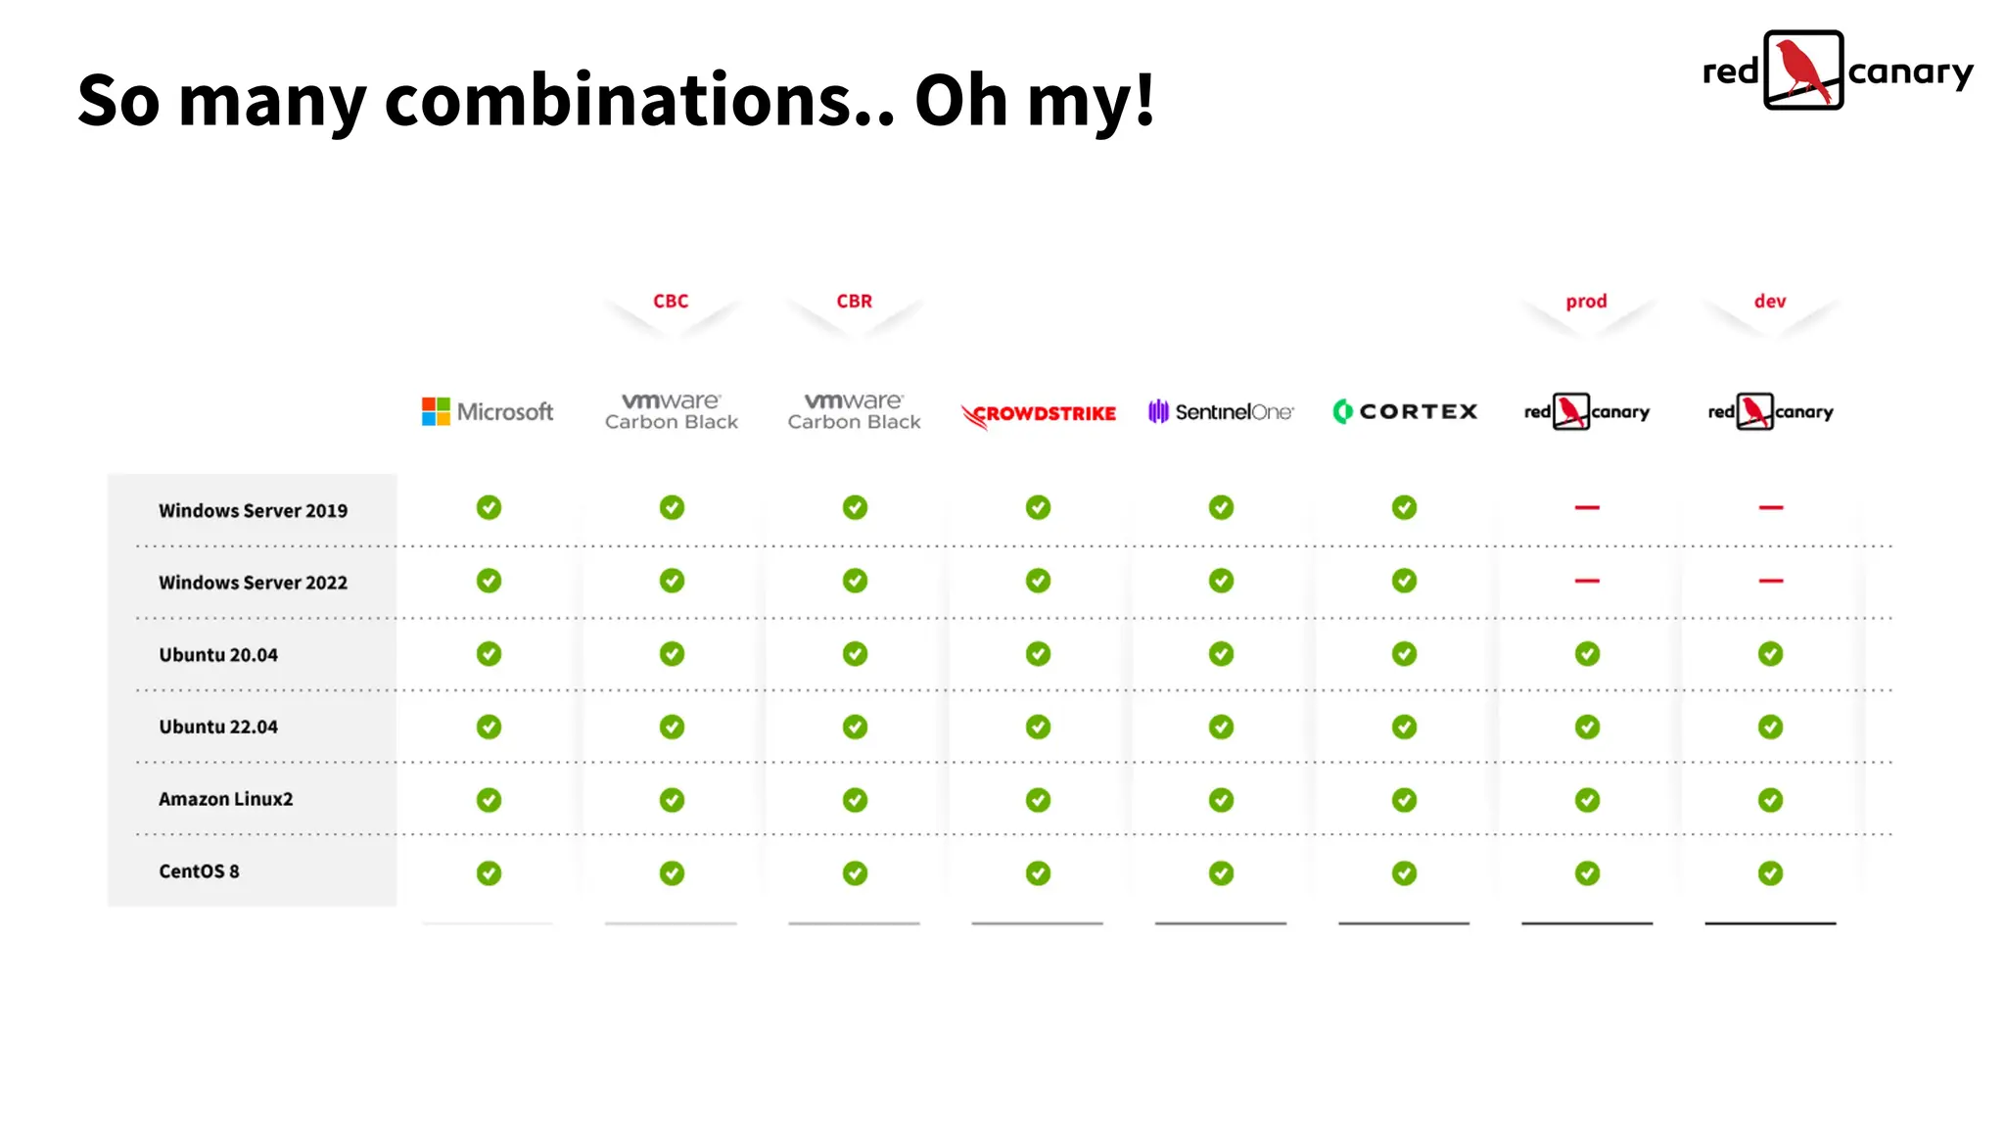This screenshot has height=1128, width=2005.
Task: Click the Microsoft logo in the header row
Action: (488, 411)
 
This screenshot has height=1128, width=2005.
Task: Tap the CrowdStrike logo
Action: (1039, 414)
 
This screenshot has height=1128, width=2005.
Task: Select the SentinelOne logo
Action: (1221, 411)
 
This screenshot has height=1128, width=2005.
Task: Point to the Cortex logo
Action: (1405, 411)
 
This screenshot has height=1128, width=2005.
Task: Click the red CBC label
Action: (671, 302)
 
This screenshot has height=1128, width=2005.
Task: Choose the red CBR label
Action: (854, 302)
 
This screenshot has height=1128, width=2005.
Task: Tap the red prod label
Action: (1586, 302)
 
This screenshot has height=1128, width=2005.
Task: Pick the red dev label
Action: (1770, 302)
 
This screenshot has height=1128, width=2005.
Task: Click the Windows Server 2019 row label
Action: (253, 510)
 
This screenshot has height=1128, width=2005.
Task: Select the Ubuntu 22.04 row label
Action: (218, 727)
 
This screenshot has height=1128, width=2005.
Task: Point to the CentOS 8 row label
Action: (199, 871)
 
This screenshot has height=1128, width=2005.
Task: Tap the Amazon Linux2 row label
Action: (225, 799)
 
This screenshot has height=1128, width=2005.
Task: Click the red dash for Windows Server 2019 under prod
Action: (1587, 507)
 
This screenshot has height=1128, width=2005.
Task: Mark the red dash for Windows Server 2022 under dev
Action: (1770, 581)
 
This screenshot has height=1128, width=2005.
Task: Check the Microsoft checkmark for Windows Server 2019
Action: (489, 507)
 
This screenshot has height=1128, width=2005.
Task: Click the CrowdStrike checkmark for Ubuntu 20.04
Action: (1038, 653)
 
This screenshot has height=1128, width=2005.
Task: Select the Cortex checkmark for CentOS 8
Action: (1404, 872)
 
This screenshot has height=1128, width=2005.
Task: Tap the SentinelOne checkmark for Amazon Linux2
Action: (1221, 800)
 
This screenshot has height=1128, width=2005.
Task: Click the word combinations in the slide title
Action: (639, 101)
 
